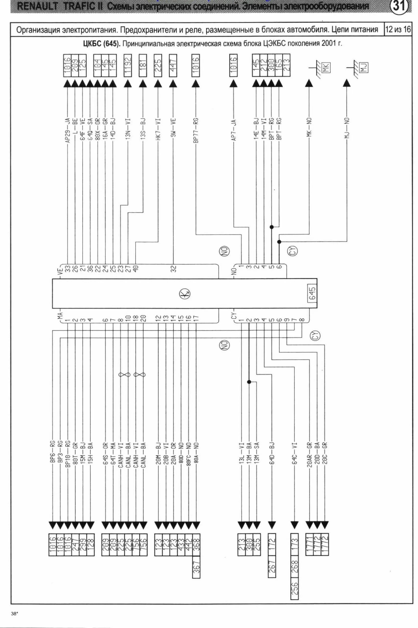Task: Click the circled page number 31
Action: click(399, 6)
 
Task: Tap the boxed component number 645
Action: click(312, 293)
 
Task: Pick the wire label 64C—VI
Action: click(294, 458)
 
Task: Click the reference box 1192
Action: click(128, 65)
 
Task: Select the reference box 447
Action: click(173, 65)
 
